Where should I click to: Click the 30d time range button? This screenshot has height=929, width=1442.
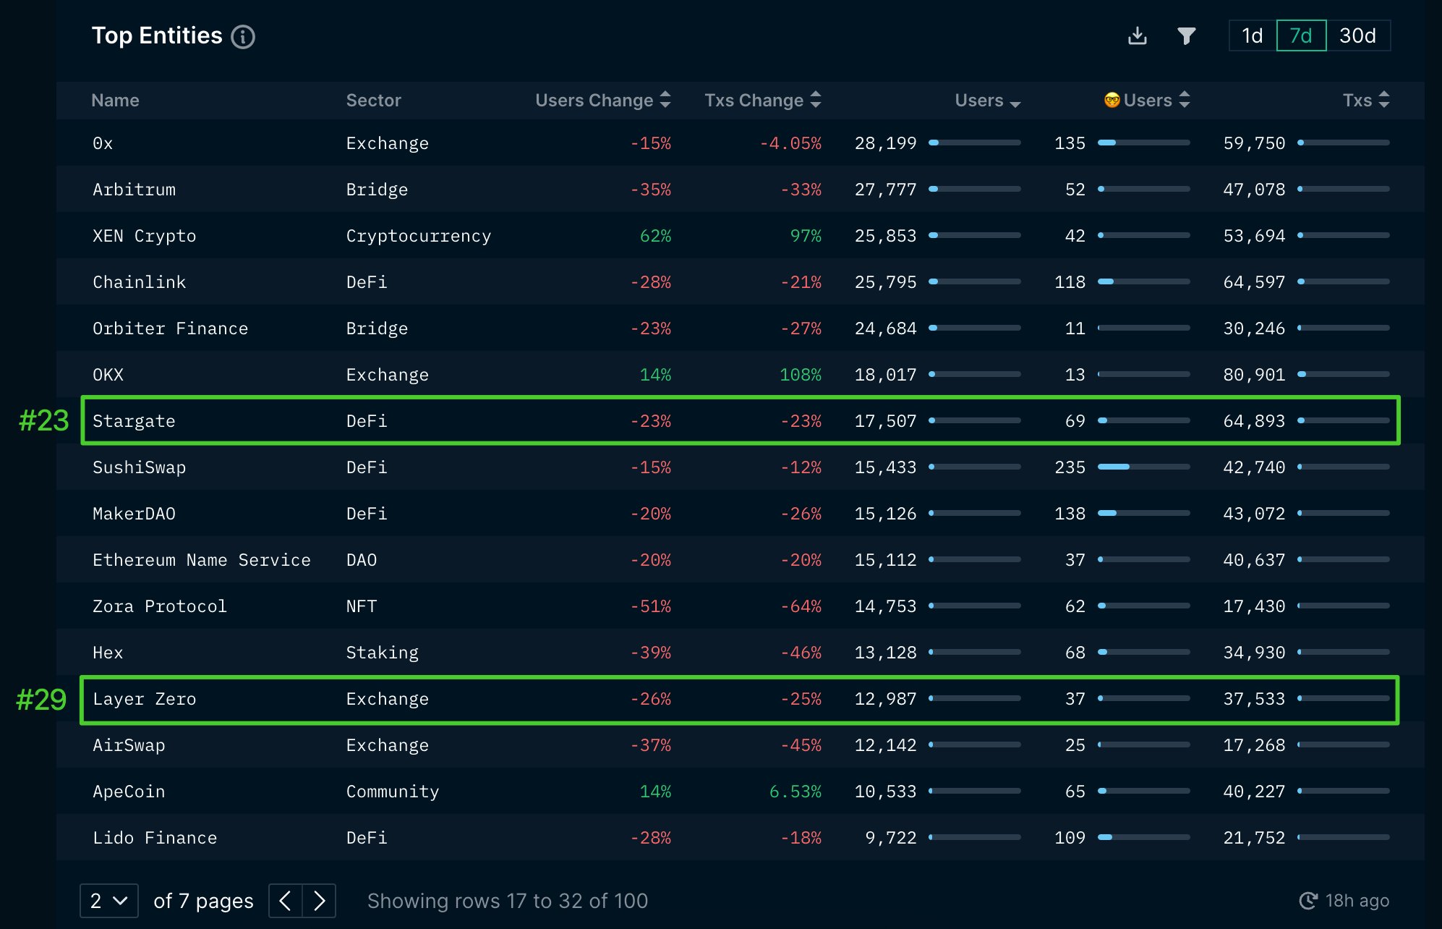[x=1357, y=35]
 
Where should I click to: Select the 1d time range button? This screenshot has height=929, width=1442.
[x=1252, y=35]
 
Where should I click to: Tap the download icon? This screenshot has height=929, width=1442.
[x=1138, y=35]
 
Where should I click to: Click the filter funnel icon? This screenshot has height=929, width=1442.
[x=1186, y=35]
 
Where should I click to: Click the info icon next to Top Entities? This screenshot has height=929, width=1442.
[x=243, y=36]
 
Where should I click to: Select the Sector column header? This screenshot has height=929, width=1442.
[x=373, y=100]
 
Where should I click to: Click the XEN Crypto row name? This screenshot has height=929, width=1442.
[x=144, y=236]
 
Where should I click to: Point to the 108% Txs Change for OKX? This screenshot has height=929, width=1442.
[x=800, y=375]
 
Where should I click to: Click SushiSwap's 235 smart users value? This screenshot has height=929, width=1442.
[x=1070, y=467]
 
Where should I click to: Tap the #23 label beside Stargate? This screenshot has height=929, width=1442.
[x=43, y=420]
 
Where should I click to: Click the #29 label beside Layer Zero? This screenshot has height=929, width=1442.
[x=41, y=700]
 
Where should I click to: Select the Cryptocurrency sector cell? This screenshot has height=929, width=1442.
[x=418, y=236]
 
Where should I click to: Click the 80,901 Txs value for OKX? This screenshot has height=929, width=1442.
[x=1254, y=375]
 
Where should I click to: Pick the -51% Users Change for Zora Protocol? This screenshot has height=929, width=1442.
[x=651, y=606]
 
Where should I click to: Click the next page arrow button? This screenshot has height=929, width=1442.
[x=319, y=900]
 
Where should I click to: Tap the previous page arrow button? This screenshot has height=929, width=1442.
[x=286, y=900]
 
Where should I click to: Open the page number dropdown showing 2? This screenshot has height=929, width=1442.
[x=108, y=900]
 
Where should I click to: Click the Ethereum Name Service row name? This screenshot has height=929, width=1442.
[x=201, y=560]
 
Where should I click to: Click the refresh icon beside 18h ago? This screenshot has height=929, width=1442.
[x=1308, y=900]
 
